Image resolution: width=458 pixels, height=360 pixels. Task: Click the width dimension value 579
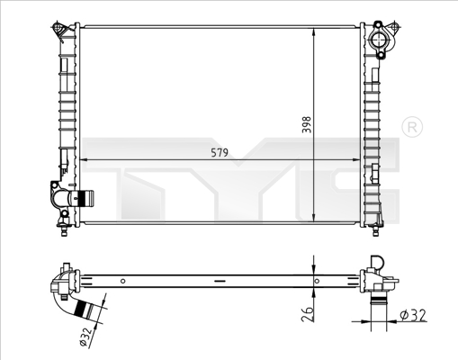(220, 153)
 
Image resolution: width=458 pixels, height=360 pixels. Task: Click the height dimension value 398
(305, 124)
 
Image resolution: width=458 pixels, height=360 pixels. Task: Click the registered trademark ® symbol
(410, 128)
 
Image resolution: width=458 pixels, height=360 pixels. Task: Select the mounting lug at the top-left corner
(61, 31)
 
